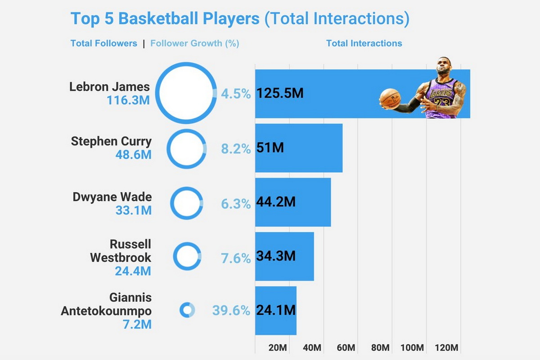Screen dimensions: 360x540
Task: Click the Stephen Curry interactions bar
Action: [299, 148]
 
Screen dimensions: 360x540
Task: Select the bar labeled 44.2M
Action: [293, 202]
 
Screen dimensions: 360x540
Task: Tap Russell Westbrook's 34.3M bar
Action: [284, 256]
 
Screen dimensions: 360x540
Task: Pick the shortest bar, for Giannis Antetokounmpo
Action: [276, 310]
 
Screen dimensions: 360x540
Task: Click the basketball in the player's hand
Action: [390, 98]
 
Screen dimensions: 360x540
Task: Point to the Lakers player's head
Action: [445, 67]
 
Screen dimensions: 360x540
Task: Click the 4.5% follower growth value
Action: [235, 94]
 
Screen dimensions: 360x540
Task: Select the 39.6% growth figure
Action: [231, 310]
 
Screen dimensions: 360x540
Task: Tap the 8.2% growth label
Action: [235, 148]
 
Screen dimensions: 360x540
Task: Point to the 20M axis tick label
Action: [277, 348]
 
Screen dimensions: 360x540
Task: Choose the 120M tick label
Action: [447, 348]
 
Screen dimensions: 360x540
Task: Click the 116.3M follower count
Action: [128, 100]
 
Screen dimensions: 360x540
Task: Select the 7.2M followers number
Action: [137, 324]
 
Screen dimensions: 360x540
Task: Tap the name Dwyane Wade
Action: [112, 197]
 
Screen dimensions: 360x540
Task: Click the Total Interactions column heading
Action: [364, 44]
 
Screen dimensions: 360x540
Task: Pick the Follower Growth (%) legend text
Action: [194, 44]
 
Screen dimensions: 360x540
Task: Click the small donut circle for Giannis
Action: [187, 310]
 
